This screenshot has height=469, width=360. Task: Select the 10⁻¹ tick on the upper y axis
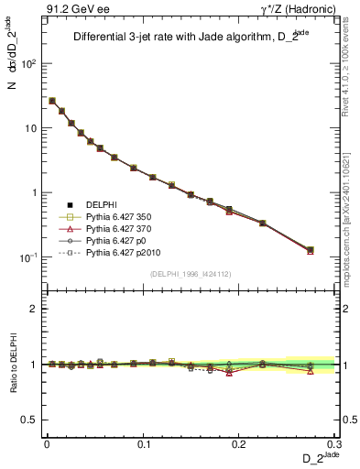point(28,257)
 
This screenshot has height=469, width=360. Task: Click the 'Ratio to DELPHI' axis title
point(13,364)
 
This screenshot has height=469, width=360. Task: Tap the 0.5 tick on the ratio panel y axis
point(30,420)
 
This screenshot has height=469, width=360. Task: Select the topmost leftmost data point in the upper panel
point(52,101)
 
